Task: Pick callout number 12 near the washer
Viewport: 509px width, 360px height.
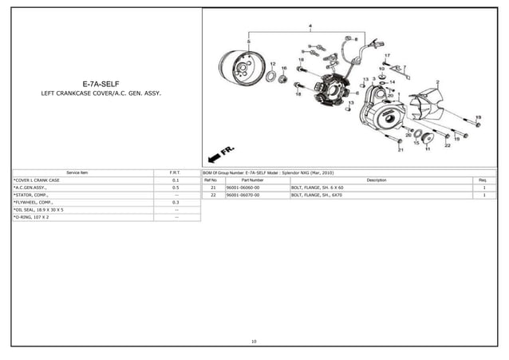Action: pos(273,63)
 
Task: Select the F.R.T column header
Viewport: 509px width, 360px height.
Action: pos(176,172)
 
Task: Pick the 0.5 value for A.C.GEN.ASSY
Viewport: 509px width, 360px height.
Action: pos(176,188)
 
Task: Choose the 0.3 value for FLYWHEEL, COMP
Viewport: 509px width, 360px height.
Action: pos(176,203)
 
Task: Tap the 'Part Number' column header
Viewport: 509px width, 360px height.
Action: pos(251,180)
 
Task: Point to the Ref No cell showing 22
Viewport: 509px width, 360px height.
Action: pos(213,195)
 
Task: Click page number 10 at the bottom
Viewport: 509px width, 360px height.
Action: pos(254,341)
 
